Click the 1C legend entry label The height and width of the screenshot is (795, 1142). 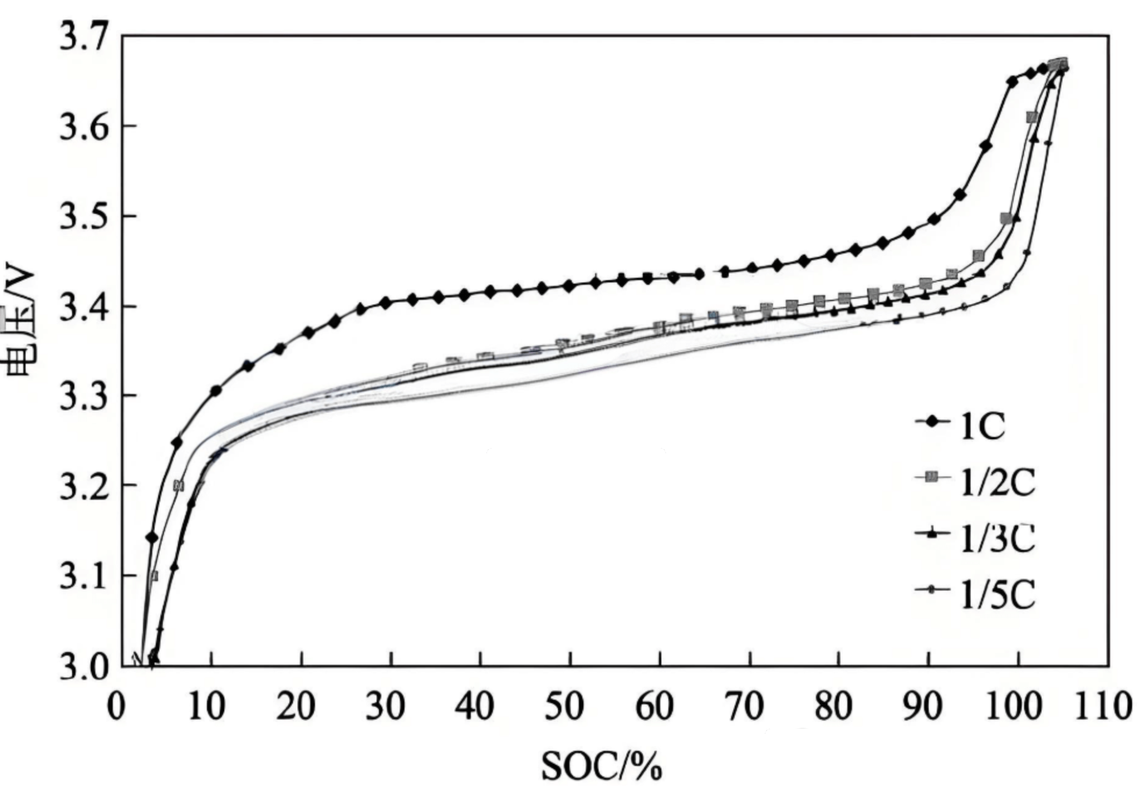pyautogui.click(x=982, y=427)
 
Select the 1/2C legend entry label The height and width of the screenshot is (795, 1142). pyautogui.click(x=997, y=482)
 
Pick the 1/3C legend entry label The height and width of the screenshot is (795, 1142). pyautogui.click(x=997, y=539)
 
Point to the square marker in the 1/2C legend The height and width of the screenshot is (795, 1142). pyautogui.click(x=932, y=477)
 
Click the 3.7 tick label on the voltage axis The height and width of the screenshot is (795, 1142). pyautogui.click(x=84, y=36)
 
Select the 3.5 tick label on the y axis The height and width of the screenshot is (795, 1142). pyautogui.click(x=84, y=216)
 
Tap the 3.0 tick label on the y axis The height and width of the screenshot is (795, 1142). pyautogui.click(x=84, y=666)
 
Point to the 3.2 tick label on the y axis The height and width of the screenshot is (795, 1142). pyautogui.click(x=84, y=485)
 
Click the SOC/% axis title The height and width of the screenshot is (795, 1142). pyautogui.click(x=602, y=766)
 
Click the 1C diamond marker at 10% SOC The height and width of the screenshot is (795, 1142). pyautogui.click(x=216, y=391)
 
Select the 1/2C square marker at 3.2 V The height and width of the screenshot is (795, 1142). pyautogui.click(x=178, y=485)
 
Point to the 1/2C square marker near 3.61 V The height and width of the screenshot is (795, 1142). pyautogui.click(x=1032, y=117)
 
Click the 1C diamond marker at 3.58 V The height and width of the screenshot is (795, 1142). pyautogui.click(x=986, y=146)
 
